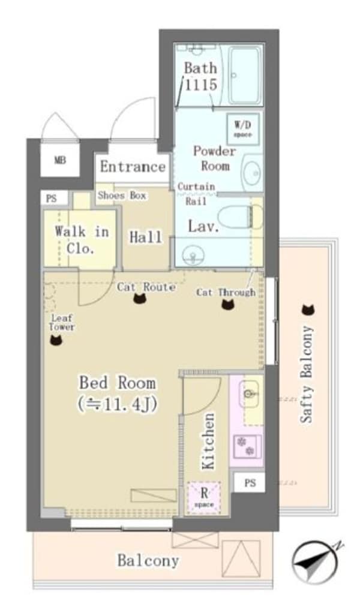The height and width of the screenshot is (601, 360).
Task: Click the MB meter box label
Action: (60, 160)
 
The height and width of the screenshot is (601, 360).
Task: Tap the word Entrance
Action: (133, 167)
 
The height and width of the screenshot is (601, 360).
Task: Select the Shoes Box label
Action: (122, 196)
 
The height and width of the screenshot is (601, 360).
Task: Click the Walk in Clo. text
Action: (81, 240)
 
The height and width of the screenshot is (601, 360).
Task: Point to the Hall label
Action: (145, 238)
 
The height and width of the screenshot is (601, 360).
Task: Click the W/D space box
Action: (242, 129)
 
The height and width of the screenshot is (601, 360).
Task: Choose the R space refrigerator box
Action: (204, 497)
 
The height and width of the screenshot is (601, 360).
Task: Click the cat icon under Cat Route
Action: (139, 298)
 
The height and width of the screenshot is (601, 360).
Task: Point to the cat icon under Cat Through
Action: (228, 304)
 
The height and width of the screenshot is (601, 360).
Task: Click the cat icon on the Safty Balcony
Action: (308, 309)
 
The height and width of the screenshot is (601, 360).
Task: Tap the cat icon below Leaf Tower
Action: (56, 340)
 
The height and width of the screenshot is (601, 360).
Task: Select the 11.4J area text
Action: (117, 404)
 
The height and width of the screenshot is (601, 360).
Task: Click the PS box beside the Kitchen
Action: (250, 482)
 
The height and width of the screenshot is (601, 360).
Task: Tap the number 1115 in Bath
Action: (201, 85)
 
